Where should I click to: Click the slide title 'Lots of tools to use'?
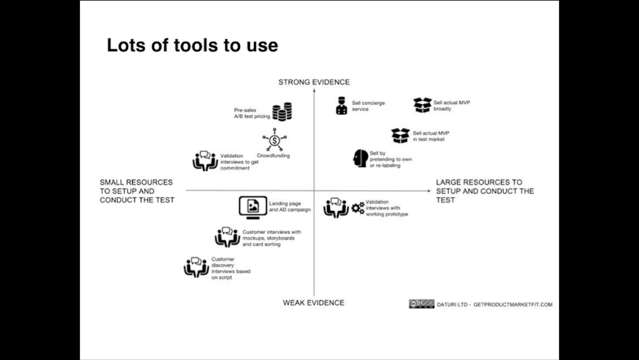click(x=192, y=45)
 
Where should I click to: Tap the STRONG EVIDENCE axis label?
click(x=314, y=82)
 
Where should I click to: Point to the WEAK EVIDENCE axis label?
click(x=313, y=303)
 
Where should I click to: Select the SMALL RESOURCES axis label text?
click(x=137, y=191)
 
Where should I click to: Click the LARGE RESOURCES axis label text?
click(x=484, y=191)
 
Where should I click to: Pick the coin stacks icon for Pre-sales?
click(x=282, y=111)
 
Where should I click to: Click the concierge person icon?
click(x=341, y=106)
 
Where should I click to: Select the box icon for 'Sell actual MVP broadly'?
click(x=422, y=105)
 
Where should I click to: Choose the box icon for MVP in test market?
click(x=400, y=136)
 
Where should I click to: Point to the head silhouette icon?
click(x=360, y=158)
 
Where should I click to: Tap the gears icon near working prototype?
click(x=358, y=208)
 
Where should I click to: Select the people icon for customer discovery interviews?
click(x=196, y=267)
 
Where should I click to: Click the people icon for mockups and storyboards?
click(x=227, y=237)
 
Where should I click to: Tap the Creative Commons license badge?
click(x=421, y=304)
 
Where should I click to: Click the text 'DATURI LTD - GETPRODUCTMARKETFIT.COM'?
click(x=494, y=304)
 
